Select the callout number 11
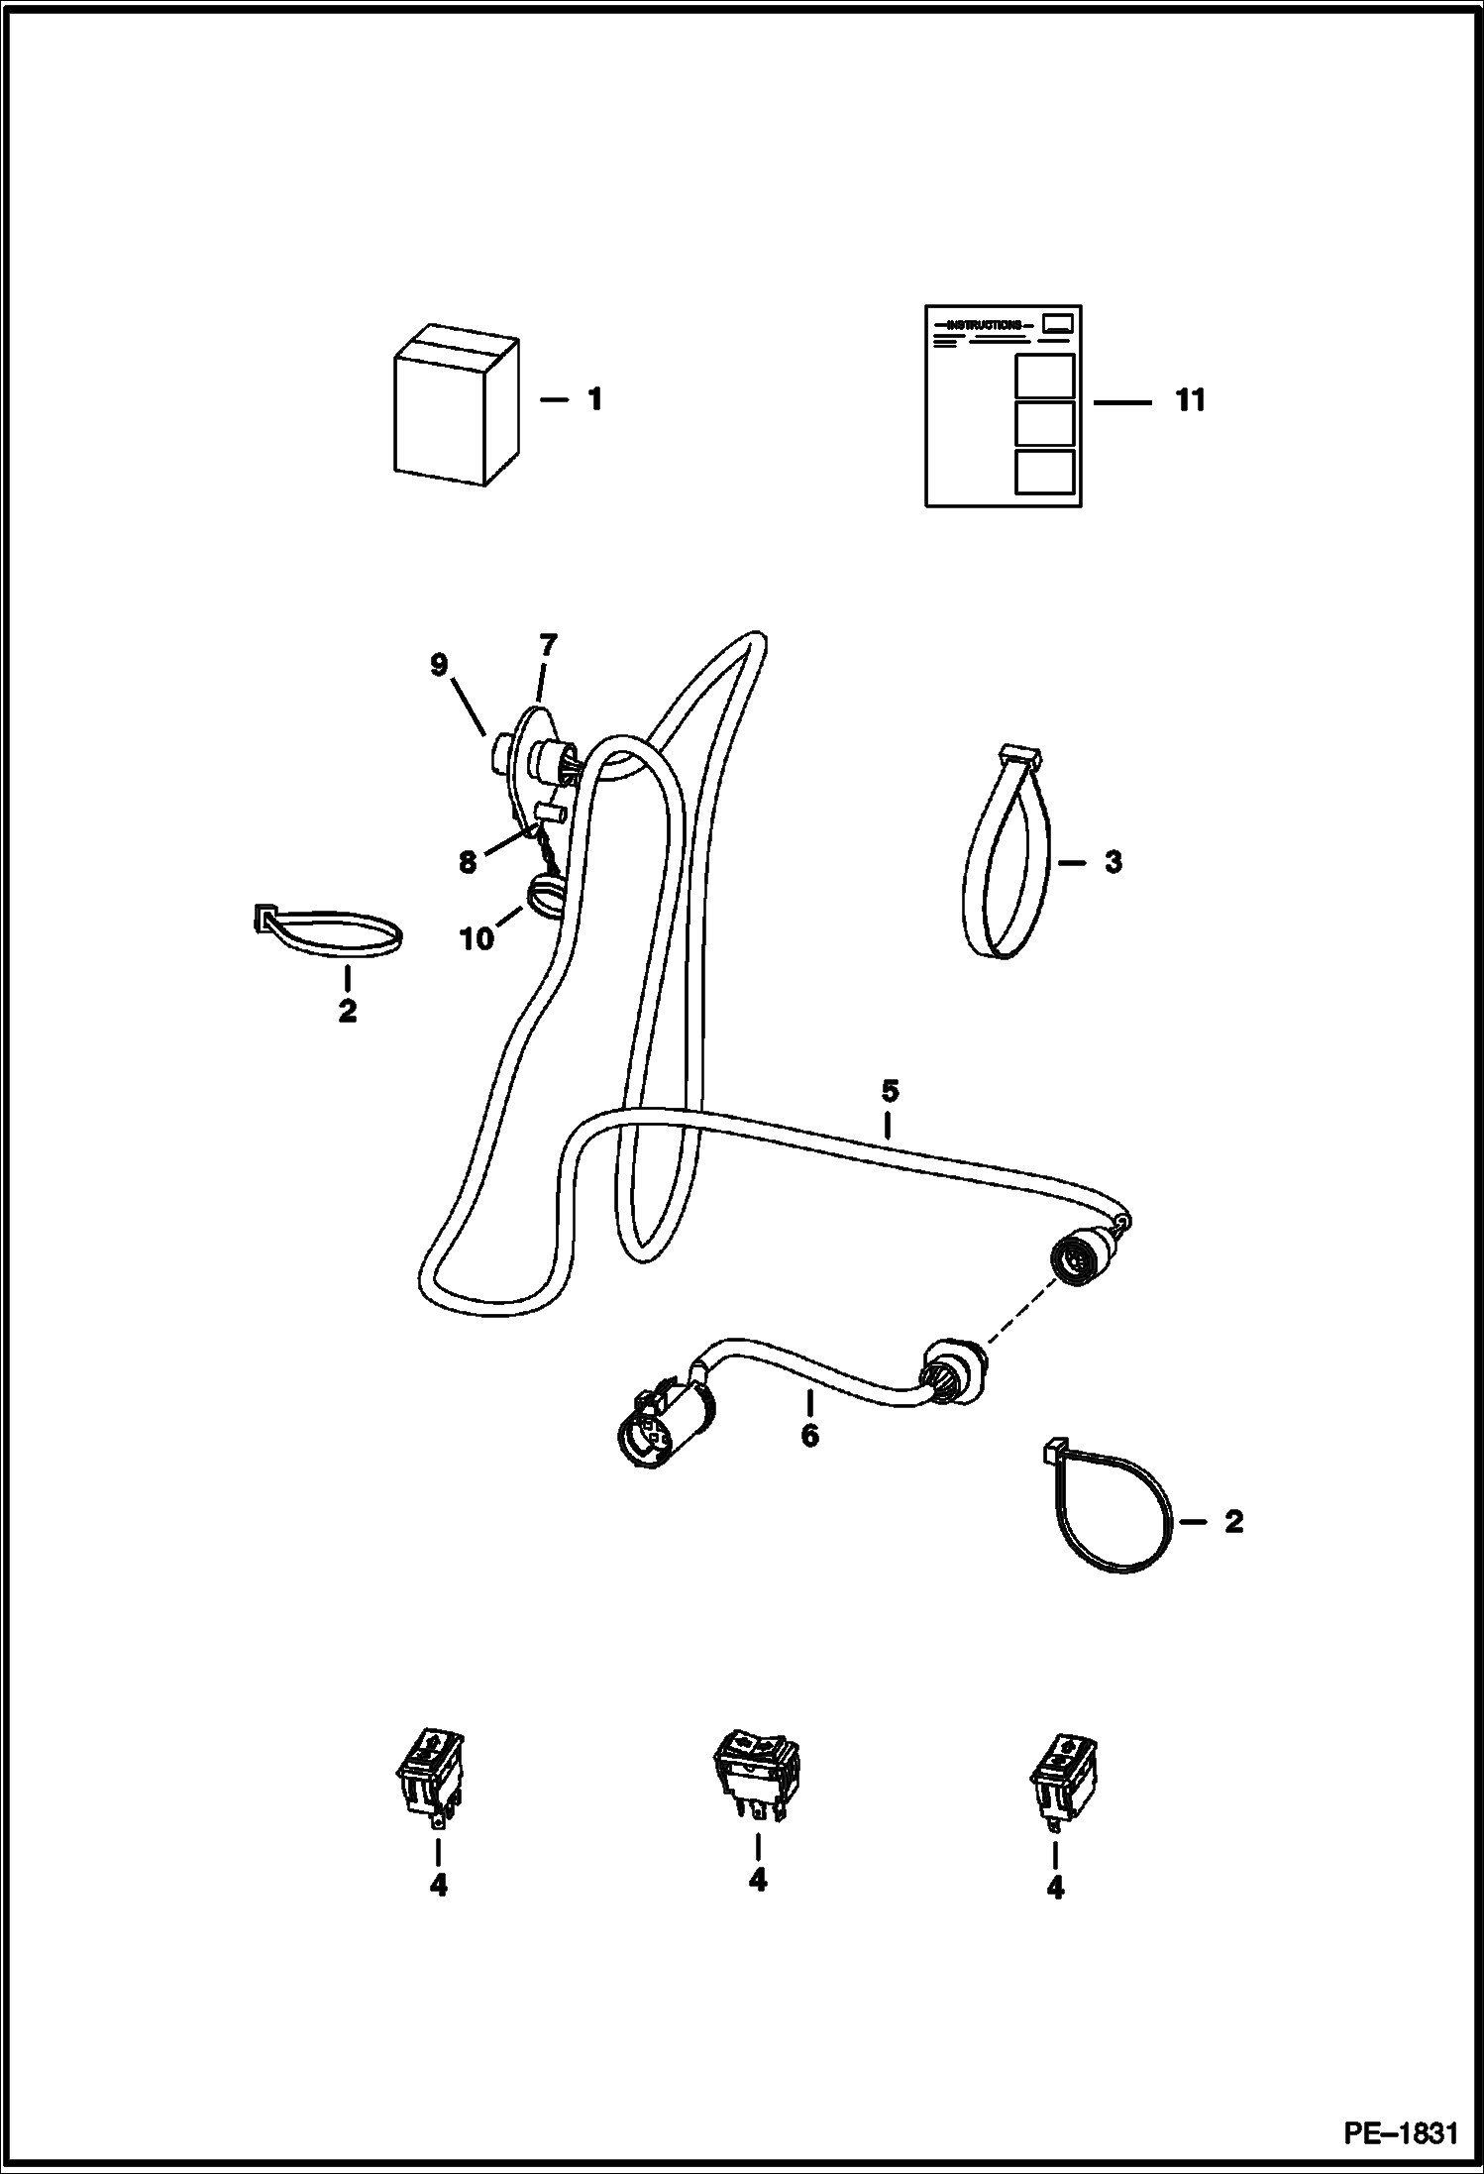point(1190,400)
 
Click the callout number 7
point(547,646)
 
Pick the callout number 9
point(439,666)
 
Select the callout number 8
point(468,862)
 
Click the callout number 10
point(477,937)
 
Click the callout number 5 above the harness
point(889,1091)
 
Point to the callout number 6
point(809,1435)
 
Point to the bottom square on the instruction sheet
point(1045,471)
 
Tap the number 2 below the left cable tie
point(347,1012)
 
